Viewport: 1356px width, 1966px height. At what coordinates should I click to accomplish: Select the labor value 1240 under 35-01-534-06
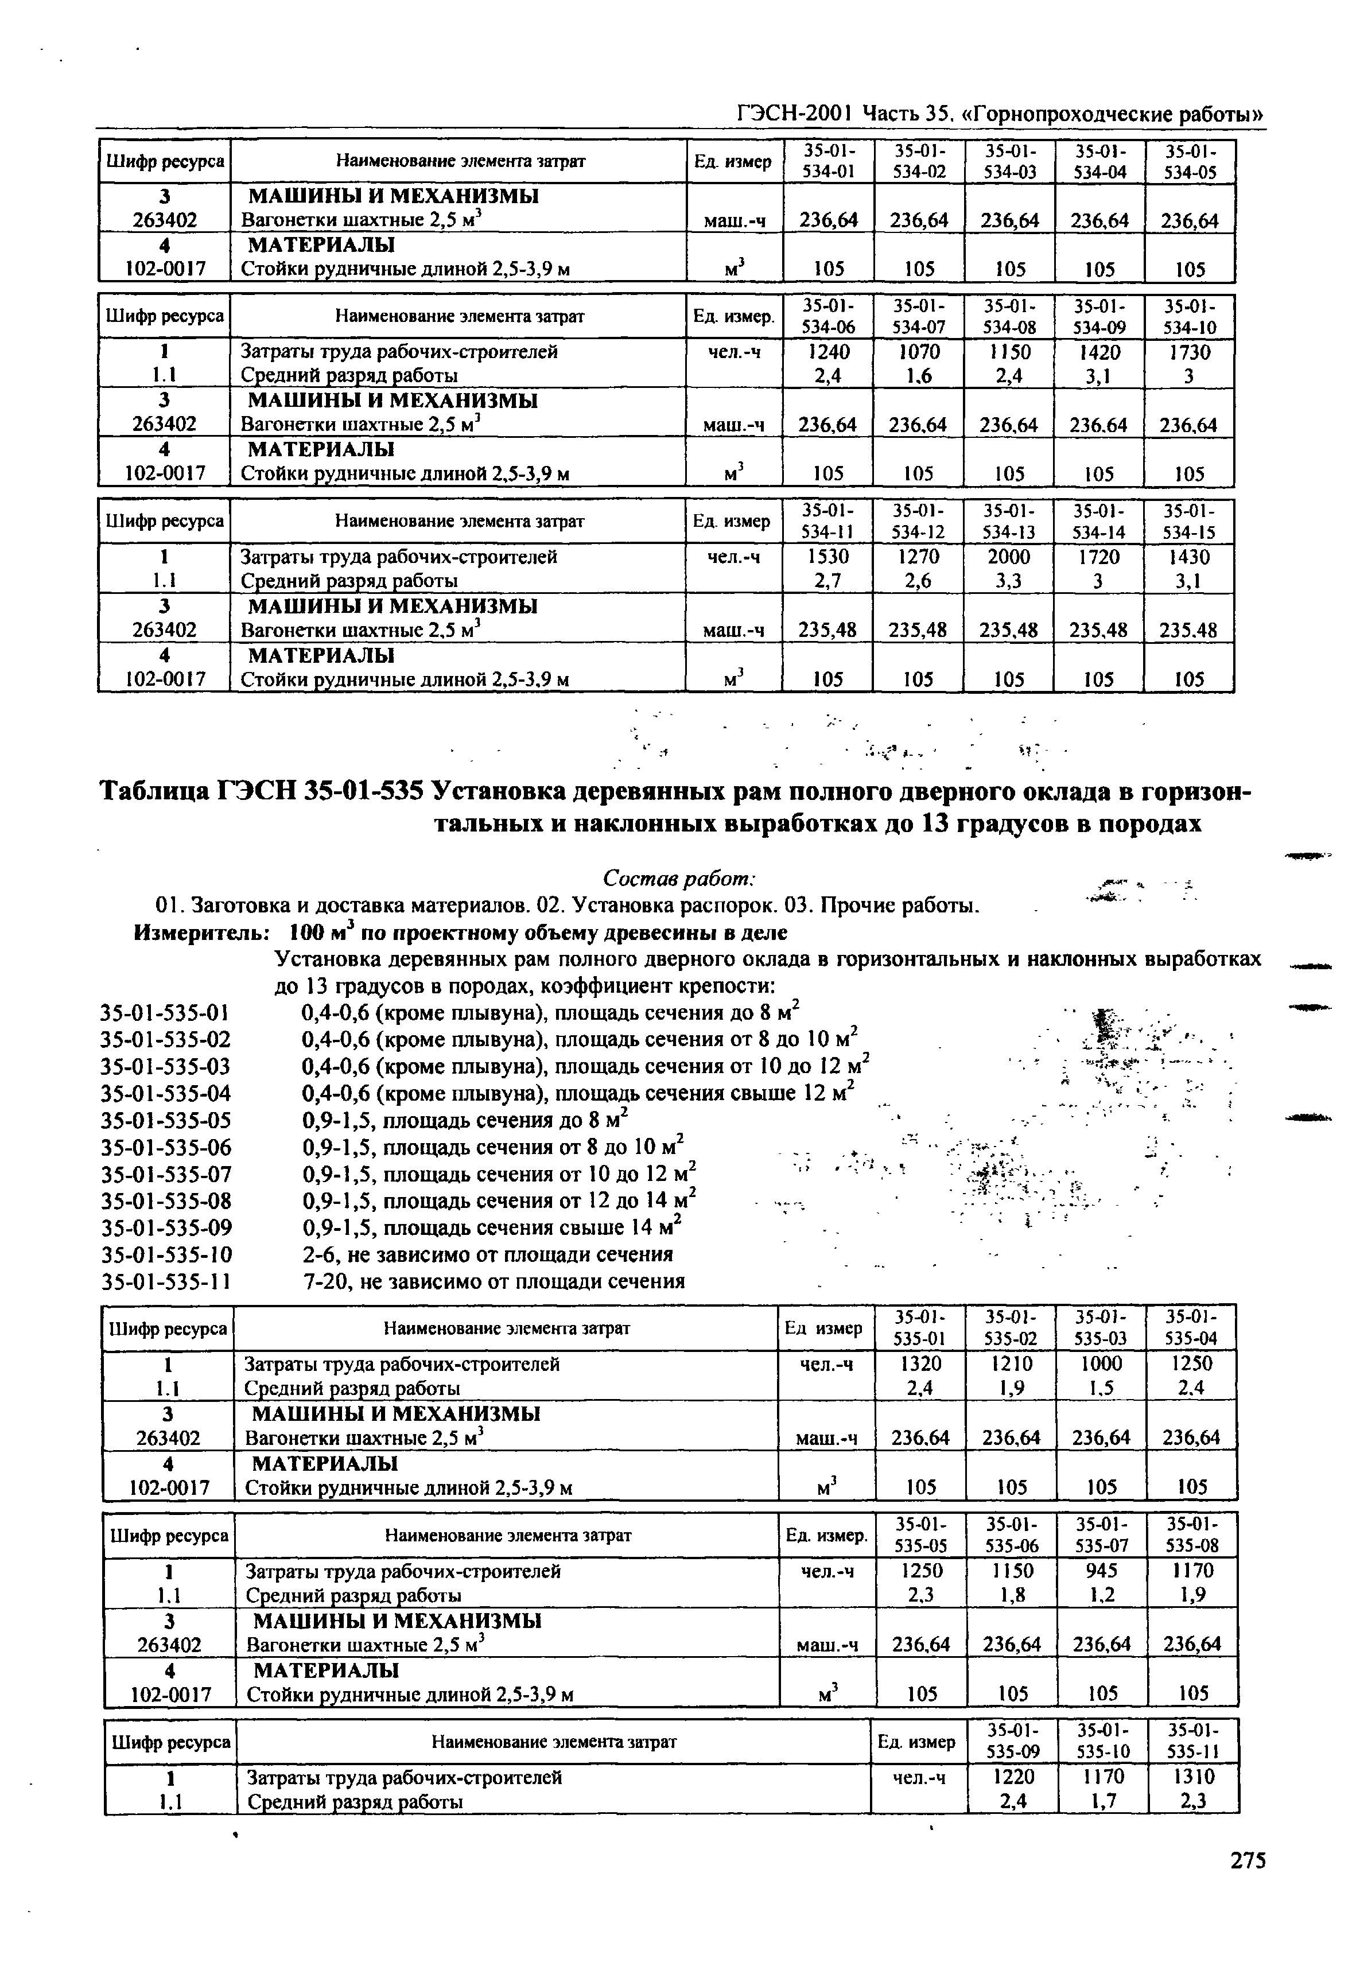[x=829, y=352]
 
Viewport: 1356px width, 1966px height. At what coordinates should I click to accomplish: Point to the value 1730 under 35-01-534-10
[x=1190, y=352]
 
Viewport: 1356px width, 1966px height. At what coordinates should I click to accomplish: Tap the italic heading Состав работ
[x=679, y=877]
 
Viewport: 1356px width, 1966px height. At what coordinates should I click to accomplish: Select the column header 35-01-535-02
[x=1011, y=1328]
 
